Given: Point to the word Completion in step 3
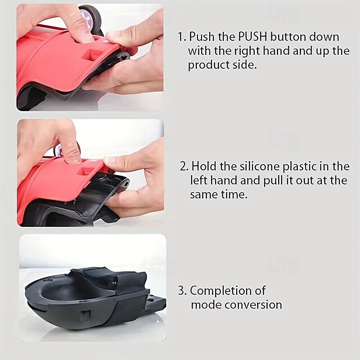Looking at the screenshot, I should click(x=228, y=290).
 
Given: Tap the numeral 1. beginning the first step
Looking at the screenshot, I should click(x=182, y=37).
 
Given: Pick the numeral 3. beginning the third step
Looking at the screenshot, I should click(x=182, y=290).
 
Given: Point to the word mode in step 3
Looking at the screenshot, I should click(x=205, y=304).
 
